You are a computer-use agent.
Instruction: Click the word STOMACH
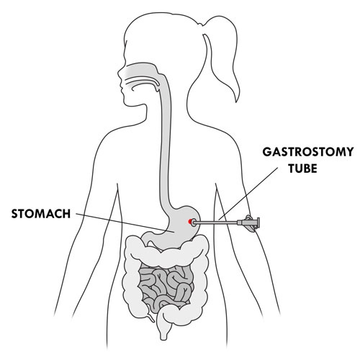[41, 214]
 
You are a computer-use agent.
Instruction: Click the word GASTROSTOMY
[308, 152]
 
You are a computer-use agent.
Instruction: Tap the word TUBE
[302, 168]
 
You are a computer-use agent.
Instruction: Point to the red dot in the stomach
[190, 222]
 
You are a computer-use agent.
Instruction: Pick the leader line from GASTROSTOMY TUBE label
[248, 193]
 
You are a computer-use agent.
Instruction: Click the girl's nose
[120, 73]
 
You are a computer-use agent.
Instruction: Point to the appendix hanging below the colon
[150, 317]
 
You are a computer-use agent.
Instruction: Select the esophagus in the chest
[166, 144]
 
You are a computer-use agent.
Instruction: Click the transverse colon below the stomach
[168, 254]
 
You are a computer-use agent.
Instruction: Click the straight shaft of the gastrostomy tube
[215, 223]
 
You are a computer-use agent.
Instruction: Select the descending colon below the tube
[199, 283]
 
